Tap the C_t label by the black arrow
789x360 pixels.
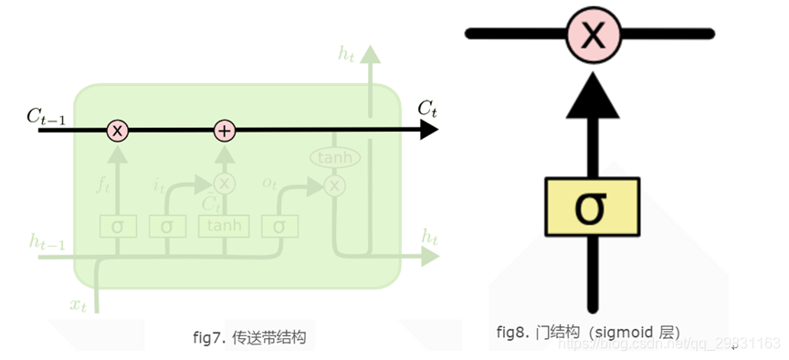[427, 109]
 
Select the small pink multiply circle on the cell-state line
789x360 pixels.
[117, 131]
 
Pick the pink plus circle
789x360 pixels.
[225, 131]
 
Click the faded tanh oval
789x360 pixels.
[335, 157]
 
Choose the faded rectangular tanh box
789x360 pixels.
[224, 225]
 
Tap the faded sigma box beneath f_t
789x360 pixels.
[117, 225]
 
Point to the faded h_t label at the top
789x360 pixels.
[347, 54]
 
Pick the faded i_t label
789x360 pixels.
[158, 185]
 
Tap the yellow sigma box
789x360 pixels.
[594, 206]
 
